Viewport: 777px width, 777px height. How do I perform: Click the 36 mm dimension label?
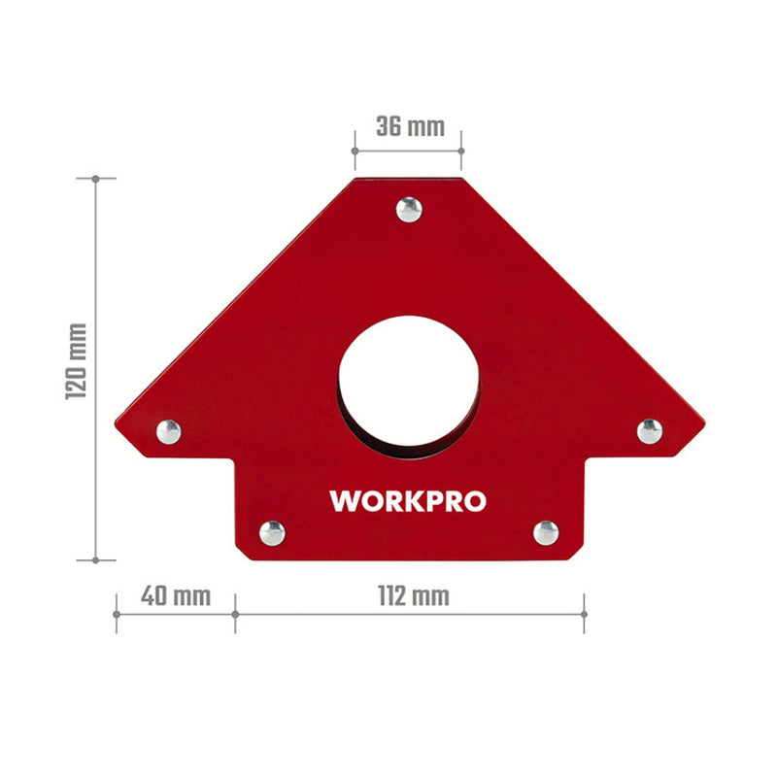tap(409, 126)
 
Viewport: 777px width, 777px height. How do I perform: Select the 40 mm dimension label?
tap(175, 595)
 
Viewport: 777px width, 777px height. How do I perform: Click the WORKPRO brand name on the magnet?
tap(408, 501)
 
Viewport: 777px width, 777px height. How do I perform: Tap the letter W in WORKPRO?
tap(345, 501)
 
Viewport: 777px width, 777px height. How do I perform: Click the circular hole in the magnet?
tap(409, 383)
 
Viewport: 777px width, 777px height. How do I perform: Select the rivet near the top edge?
tap(410, 208)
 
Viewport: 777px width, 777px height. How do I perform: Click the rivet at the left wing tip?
tap(168, 431)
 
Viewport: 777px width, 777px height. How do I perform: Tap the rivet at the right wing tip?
tap(649, 430)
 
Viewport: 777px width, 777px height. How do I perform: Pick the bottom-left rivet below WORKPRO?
tap(272, 532)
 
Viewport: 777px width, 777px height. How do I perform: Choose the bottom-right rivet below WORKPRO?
tap(546, 531)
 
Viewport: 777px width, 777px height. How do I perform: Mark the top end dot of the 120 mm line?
tap(95, 179)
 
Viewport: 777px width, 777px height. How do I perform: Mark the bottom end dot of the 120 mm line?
tap(95, 559)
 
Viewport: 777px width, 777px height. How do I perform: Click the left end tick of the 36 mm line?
tap(355, 151)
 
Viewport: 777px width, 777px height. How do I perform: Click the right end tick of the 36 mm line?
tap(462, 151)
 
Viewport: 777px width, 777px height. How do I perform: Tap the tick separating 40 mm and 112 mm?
tap(235, 614)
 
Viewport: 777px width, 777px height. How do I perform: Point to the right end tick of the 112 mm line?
tap(584, 614)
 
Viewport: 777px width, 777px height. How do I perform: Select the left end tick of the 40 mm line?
tap(117, 614)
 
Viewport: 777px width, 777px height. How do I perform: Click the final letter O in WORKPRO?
tap(475, 501)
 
